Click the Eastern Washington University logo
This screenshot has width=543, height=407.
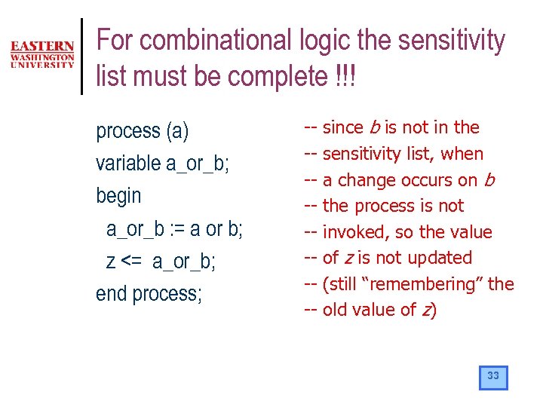point(42,55)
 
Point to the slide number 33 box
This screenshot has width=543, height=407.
point(493,377)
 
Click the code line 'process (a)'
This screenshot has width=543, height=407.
point(143,131)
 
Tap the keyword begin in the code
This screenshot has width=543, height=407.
point(118,196)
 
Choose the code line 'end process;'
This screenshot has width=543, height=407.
point(149,294)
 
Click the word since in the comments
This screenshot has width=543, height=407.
point(342,127)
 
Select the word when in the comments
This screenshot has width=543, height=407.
point(462,154)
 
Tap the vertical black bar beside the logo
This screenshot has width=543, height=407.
point(81,56)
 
